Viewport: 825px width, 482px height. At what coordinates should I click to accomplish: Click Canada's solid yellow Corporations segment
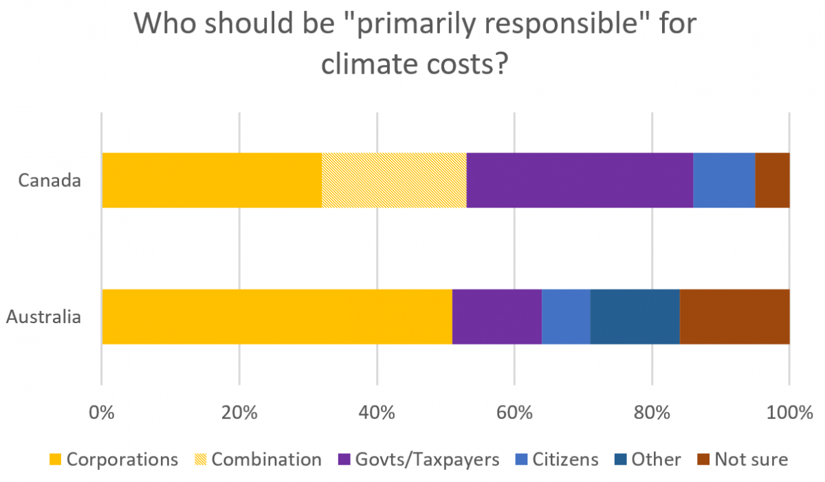[212, 180]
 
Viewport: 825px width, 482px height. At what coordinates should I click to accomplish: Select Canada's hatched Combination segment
[394, 180]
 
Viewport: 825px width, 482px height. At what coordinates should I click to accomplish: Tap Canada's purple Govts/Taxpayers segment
[580, 180]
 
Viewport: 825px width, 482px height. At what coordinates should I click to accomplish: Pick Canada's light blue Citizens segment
[724, 180]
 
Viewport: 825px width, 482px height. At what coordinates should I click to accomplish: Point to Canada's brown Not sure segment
[772, 180]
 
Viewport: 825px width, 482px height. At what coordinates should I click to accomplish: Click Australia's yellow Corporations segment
[277, 317]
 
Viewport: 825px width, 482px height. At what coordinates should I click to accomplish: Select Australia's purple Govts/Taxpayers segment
[497, 317]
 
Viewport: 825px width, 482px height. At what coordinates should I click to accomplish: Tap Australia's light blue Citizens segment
[566, 317]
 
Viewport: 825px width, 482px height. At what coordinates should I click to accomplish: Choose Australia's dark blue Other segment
[635, 317]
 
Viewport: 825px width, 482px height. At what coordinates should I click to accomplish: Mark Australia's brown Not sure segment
[734, 317]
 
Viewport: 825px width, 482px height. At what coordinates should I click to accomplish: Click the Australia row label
[44, 318]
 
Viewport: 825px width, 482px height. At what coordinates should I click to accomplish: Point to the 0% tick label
[102, 414]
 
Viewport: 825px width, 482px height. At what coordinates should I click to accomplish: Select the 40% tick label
[377, 414]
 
